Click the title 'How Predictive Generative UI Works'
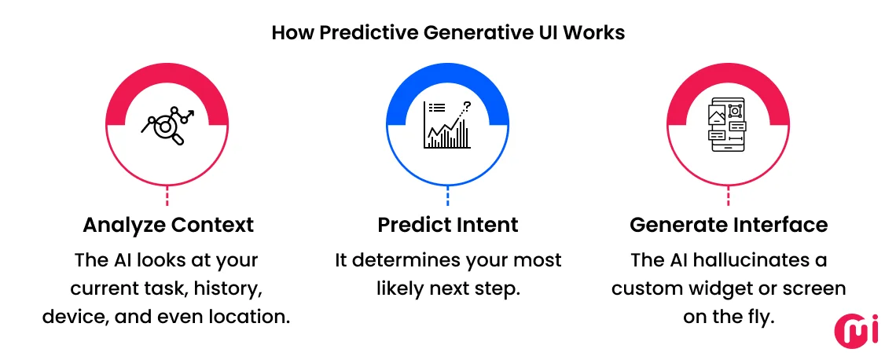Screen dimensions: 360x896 pyautogui.click(x=447, y=33)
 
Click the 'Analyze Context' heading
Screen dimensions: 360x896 pyautogui.click(x=168, y=225)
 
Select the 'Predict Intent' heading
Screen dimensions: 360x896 pyautogui.click(x=447, y=225)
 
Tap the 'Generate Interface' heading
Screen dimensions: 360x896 pyautogui.click(x=729, y=225)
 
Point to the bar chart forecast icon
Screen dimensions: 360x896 pyautogui.click(x=447, y=126)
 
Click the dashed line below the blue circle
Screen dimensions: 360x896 pyautogui.click(x=447, y=197)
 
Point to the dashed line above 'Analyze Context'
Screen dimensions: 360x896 pyautogui.click(x=167, y=197)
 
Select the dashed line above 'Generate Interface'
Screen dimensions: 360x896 pyautogui.click(x=728, y=197)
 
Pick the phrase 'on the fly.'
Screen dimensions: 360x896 pyautogui.click(x=729, y=318)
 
